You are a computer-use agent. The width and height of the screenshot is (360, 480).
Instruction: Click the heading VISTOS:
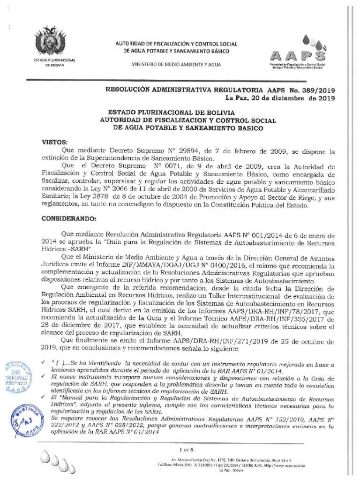pos(55,142)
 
